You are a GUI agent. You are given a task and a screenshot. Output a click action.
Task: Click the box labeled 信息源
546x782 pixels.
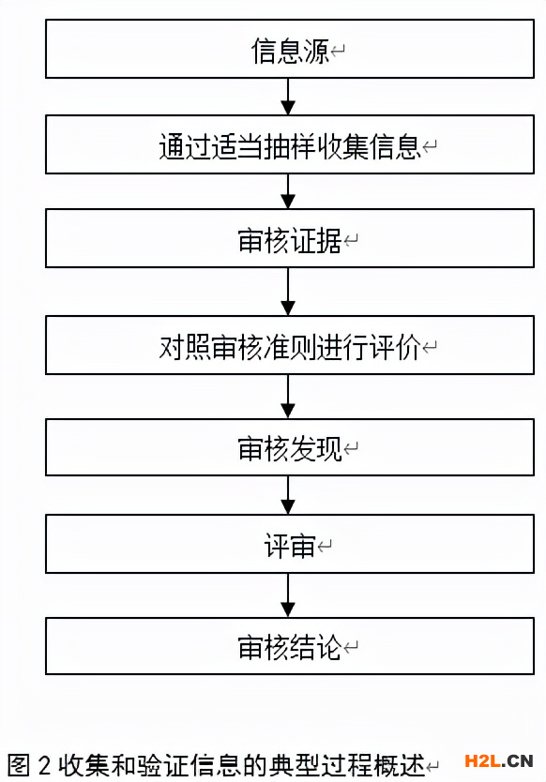290,49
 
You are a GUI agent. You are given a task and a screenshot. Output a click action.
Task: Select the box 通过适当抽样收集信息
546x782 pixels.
290,144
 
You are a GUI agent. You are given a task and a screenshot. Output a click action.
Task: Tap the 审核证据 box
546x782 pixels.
290,238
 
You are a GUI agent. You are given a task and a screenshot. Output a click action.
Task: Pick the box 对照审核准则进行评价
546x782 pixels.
290,345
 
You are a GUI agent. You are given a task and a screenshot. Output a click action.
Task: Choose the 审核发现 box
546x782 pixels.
290,447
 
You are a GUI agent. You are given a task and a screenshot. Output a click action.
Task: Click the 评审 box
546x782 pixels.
290,544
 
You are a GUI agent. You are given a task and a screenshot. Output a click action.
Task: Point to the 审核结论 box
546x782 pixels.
290,646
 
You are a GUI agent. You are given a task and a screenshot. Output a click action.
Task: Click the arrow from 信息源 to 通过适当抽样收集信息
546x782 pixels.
288,97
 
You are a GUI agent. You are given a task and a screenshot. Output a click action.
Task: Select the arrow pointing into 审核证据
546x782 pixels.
288,191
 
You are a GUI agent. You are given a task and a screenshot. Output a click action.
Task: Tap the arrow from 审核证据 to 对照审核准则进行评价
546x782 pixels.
288,292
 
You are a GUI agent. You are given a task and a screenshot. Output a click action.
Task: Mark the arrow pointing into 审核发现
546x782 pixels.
288,397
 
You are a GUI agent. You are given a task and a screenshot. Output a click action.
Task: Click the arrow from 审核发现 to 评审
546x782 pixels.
288,495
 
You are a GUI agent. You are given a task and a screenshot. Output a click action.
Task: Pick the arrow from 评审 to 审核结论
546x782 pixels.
288,595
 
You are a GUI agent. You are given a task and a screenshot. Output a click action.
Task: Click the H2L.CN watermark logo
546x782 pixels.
498,761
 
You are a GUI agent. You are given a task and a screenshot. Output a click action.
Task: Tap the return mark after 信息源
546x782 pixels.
338,51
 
